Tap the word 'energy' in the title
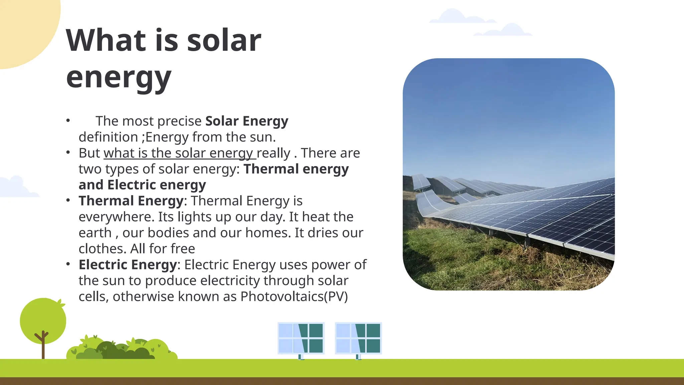[119, 78]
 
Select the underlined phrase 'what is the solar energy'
[180, 153]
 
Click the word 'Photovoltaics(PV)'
[294, 296]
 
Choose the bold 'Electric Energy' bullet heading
[128, 265]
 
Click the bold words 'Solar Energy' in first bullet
[246, 121]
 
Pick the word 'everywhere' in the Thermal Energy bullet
[116, 217]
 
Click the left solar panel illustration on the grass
[301, 338]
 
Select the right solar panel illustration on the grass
[358, 338]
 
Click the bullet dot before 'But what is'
[68, 153]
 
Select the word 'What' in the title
[106, 40]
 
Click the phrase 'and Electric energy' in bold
[142, 185]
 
